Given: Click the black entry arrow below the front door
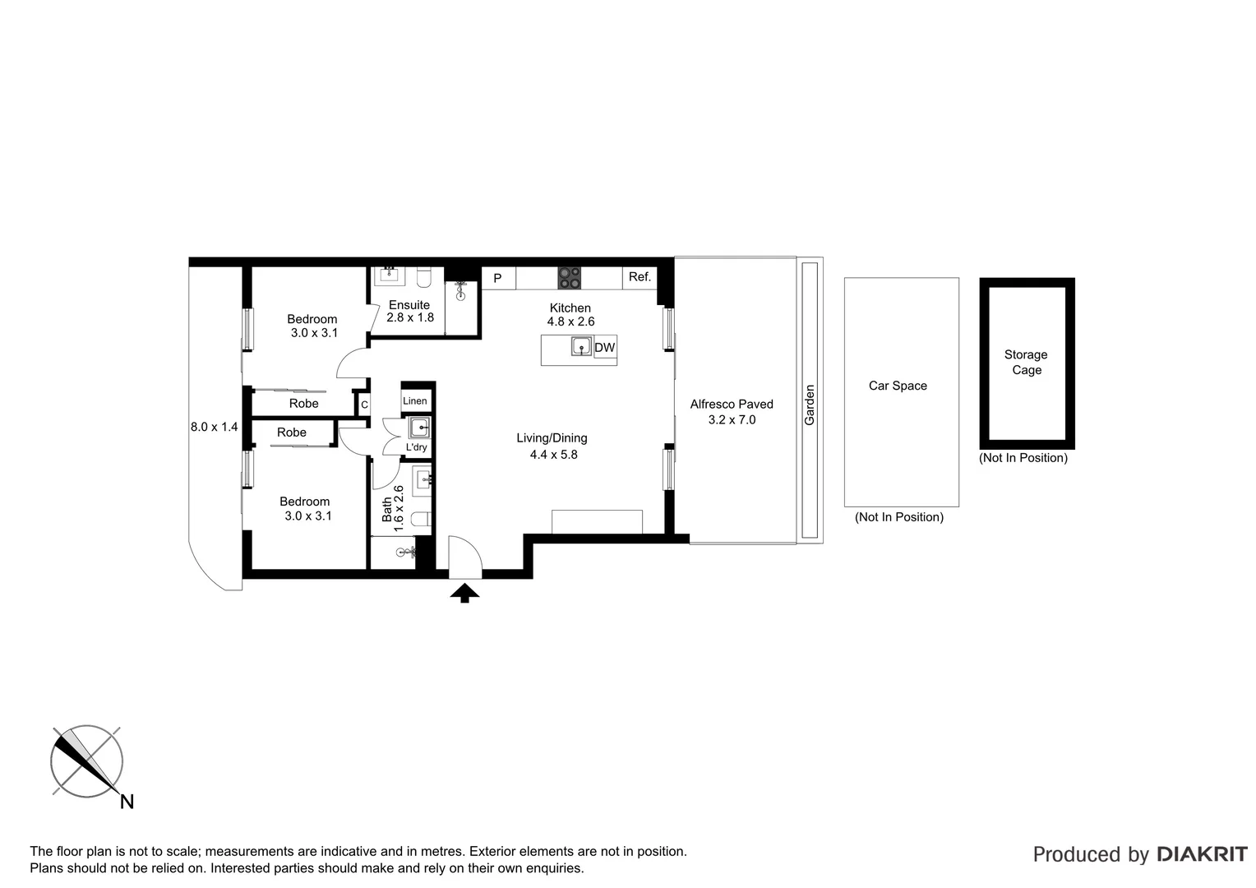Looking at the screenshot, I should (464, 592).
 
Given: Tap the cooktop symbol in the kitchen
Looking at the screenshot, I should (569, 278).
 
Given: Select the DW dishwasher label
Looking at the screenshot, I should (604, 348).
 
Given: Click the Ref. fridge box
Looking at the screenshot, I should (640, 278).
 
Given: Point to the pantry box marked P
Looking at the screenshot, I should (497, 279).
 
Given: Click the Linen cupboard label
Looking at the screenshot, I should (415, 401).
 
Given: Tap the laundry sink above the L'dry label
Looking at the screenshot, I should (419, 428).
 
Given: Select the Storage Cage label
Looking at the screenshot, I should (1026, 363).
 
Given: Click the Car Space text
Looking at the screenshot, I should (898, 386).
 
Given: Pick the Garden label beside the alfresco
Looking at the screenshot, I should (810, 405).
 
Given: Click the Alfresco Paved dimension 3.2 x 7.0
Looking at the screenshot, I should (732, 420).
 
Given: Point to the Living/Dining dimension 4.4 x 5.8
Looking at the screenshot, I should (553, 455).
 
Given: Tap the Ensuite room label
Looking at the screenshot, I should (409, 305).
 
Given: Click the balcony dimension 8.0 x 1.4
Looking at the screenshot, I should (214, 427).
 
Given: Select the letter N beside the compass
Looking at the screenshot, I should (127, 802).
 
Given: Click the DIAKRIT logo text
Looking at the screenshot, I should (1201, 854).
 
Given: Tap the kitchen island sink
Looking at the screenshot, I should (582, 347).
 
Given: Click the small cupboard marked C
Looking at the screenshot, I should (364, 405).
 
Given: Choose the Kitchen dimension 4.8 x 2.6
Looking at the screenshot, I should (570, 322).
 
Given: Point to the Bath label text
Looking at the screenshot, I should (387, 509).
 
